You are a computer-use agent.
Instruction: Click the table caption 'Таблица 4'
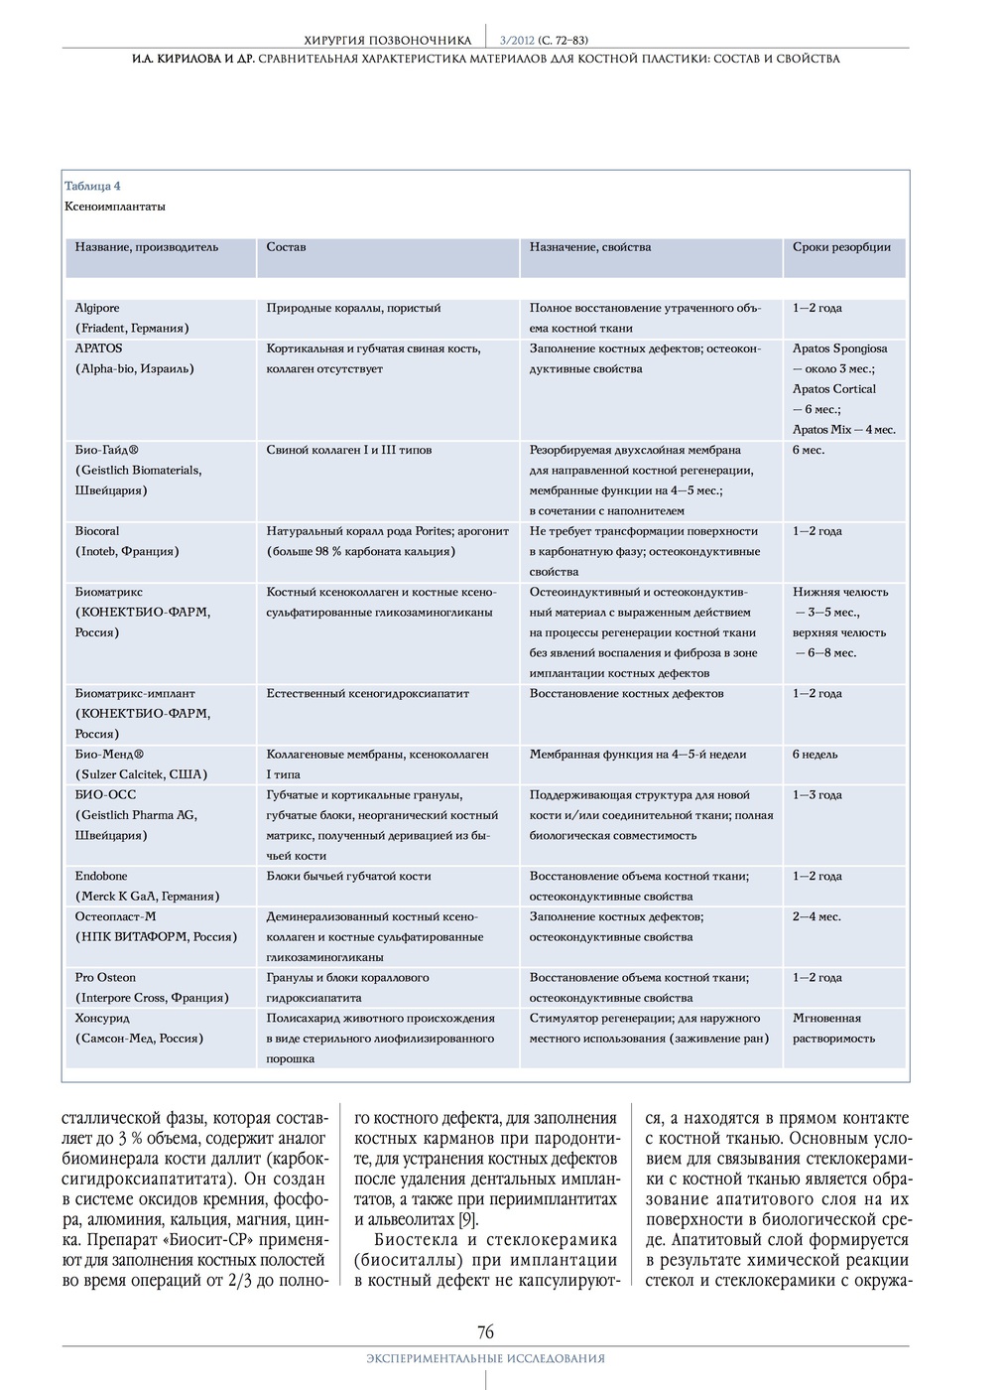(92, 186)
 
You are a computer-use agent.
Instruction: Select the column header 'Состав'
(286, 247)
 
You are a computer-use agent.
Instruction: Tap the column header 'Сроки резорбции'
(841, 247)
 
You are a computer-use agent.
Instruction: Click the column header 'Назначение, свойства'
(590, 247)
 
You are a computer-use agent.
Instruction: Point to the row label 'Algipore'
(97, 308)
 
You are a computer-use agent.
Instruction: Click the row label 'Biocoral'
(97, 531)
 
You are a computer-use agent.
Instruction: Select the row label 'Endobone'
(101, 876)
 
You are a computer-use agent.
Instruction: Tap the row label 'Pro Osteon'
(105, 977)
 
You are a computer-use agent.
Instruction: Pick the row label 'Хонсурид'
(102, 1018)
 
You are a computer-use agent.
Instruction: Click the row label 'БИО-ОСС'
(105, 794)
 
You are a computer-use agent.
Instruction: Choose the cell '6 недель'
(815, 755)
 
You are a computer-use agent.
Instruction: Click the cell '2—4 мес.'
(817, 916)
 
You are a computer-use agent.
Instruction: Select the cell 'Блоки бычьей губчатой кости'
(348, 876)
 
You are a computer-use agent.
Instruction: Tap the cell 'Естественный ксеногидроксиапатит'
(367, 693)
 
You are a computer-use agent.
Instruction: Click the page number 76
(485, 1331)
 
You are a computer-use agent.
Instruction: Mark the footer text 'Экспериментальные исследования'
(485, 1358)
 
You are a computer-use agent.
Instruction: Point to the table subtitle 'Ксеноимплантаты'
(114, 207)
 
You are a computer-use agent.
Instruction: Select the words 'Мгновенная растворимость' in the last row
(833, 1028)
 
